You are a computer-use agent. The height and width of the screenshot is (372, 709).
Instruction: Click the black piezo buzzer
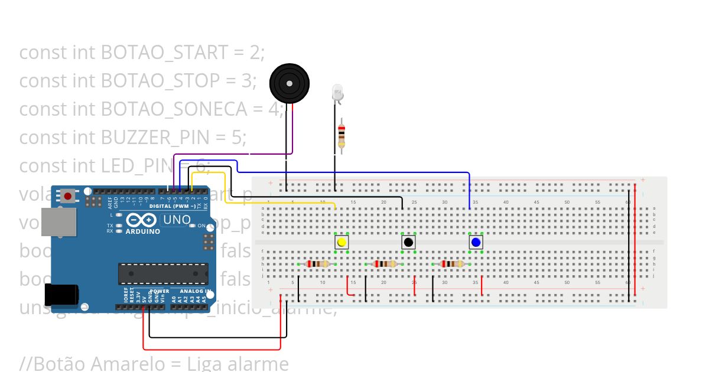[289, 84]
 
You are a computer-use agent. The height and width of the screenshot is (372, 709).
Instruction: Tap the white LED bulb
[337, 92]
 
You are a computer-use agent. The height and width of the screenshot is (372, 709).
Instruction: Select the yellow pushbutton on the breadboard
[342, 242]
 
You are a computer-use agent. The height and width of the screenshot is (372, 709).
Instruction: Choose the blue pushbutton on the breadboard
[476, 242]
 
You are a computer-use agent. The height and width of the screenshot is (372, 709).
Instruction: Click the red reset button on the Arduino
[68, 196]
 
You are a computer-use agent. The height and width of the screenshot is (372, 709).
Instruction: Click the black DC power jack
[61, 296]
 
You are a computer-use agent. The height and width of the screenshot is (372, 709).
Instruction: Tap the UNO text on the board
[177, 220]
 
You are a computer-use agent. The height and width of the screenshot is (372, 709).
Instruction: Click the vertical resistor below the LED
[341, 136]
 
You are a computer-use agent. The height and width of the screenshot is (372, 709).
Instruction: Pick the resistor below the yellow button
[318, 264]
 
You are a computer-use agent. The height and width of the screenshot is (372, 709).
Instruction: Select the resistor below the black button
[385, 264]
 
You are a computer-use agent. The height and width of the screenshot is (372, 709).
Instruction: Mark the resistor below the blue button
[453, 264]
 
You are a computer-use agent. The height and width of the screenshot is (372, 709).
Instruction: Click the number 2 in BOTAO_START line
[254, 53]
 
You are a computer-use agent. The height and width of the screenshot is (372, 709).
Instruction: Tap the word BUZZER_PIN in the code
[155, 138]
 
